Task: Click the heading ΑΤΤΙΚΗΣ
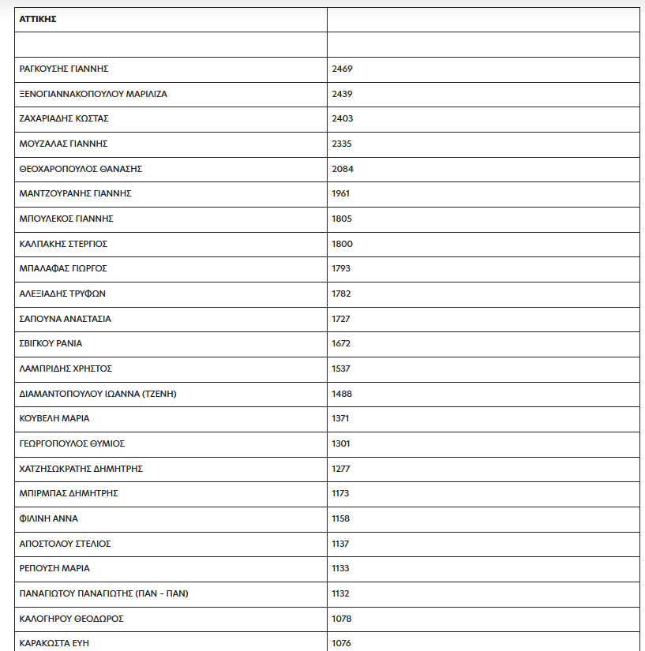[x=38, y=19]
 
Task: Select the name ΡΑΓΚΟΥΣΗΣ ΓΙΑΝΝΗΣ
[x=63, y=69]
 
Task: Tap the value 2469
[x=342, y=69]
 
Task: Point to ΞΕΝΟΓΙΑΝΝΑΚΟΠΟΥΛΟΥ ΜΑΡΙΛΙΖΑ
[x=93, y=94]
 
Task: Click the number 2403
[x=342, y=118]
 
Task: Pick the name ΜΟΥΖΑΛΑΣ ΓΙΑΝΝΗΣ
[x=63, y=144]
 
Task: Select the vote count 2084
[x=342, y=169]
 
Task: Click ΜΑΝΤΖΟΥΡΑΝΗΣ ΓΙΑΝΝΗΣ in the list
[x=75, y=193]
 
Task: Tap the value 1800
[x=342, y=244]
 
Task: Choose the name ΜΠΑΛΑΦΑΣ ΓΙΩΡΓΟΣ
[x=62, y=268]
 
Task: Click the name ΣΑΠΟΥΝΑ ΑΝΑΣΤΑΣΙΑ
[x=65, y=319]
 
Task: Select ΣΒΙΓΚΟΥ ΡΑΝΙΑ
[x=51, y=343]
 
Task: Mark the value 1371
[x=340, y=418]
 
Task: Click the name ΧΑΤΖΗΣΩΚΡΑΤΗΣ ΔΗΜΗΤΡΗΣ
[x=81, y=469]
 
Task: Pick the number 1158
[x=340, y=518]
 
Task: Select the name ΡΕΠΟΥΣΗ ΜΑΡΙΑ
[x=54, y=568]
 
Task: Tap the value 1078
[x=341, y=619]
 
